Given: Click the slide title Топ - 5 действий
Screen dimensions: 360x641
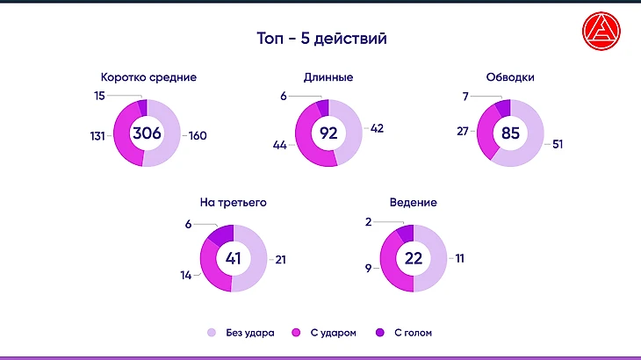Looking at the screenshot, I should (x=321, y=40).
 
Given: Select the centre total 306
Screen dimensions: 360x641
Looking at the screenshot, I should (x=148, y=134).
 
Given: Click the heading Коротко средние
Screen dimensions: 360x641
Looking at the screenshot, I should (x=148, y=77).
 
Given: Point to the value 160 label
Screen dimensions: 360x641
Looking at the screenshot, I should (x=197, y=135).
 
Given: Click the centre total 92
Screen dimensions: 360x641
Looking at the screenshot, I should (x=328, y=134).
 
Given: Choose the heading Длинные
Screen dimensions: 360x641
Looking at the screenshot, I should (x=328, y=77).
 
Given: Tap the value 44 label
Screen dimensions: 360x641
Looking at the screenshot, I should (x=282, y=143).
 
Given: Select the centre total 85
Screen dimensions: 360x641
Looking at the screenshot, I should (x=510, y=134).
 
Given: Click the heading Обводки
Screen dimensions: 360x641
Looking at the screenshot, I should (x=510, y=77).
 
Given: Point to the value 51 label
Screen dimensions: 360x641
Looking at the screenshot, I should (x=558, y=144).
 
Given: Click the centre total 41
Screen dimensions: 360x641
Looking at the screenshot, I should (x=234, y=259).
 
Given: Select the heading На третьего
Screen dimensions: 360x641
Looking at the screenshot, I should (x=234, y=202).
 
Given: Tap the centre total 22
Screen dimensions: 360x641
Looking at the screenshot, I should (x=413, y=259).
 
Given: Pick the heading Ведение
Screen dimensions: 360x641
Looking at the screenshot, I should (x=413, y=202).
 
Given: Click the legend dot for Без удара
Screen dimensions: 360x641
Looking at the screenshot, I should (x=211, y=333).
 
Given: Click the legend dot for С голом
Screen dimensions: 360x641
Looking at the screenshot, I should (x=379, y=333).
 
